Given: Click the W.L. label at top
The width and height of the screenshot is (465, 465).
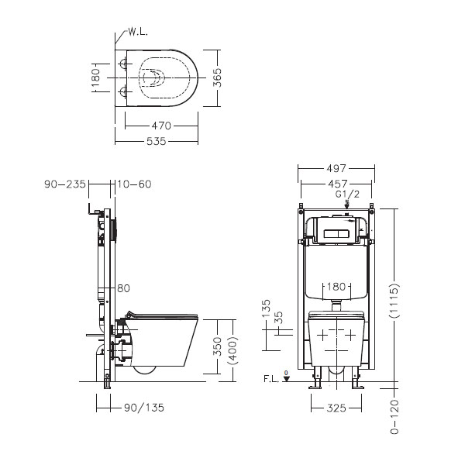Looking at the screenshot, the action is (138, 32).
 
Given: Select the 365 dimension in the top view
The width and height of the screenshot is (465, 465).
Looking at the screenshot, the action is (217, 77).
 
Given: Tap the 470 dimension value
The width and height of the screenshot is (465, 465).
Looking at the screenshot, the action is (161, 126).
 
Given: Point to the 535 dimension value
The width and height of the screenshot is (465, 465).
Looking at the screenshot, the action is (157, 141).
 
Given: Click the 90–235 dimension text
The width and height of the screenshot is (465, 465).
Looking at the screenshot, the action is (65, 184).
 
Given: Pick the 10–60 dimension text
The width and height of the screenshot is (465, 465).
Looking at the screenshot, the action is (134, 184).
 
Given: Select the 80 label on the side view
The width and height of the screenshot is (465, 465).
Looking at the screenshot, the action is (124, 288).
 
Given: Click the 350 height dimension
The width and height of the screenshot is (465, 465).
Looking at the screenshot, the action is (217, 346).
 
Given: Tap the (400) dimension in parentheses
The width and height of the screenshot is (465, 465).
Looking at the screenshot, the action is (234, 350).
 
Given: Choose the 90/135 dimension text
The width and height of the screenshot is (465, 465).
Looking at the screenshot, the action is (144, 408).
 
